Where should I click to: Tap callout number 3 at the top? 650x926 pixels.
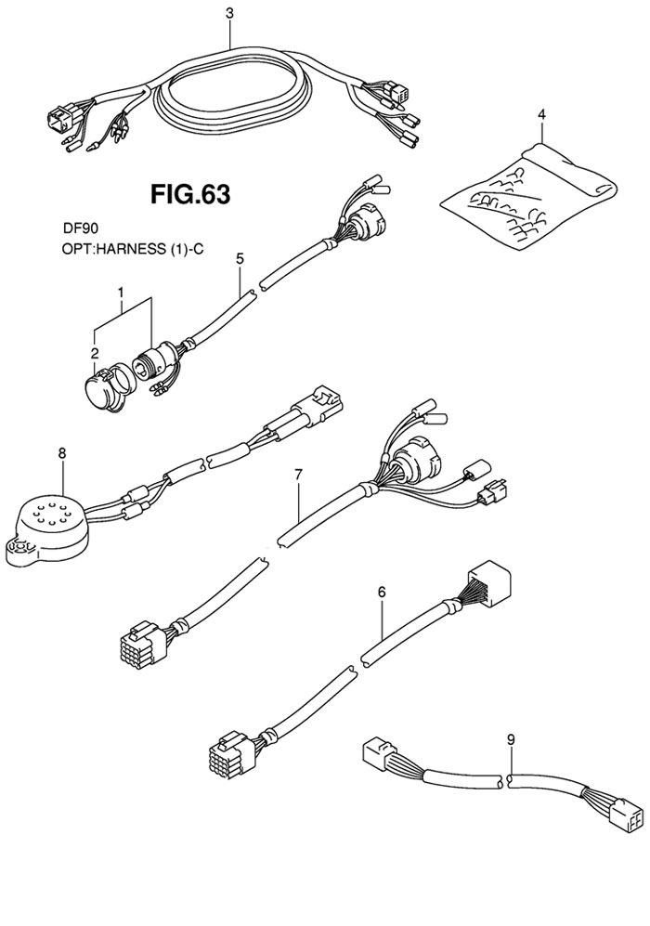coord(230,13)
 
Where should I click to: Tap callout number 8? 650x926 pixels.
coord(62,453)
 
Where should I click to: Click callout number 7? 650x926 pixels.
coord(298,476)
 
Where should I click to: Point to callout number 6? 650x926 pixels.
coord(381,591)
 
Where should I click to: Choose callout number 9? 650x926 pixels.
coord(510,739)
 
